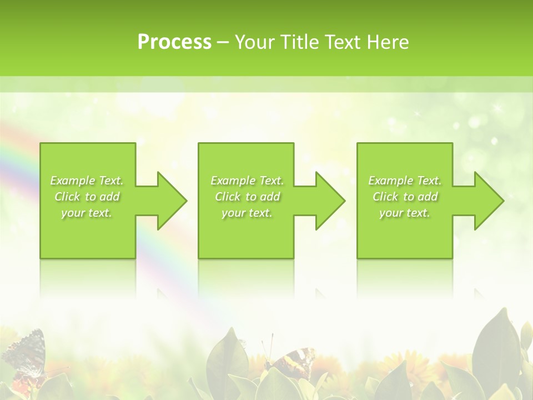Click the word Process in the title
point(174,42)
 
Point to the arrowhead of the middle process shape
point(330,201)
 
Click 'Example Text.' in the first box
point(87,181)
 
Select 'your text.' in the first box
point(87,213)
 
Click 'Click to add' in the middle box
point(247,197)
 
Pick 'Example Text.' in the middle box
point(247,181)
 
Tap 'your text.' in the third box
point(405,213)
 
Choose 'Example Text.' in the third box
point(405,181)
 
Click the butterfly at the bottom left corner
point(25,353)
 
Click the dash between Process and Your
point(223,42)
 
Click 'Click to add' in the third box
point(405,197)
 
